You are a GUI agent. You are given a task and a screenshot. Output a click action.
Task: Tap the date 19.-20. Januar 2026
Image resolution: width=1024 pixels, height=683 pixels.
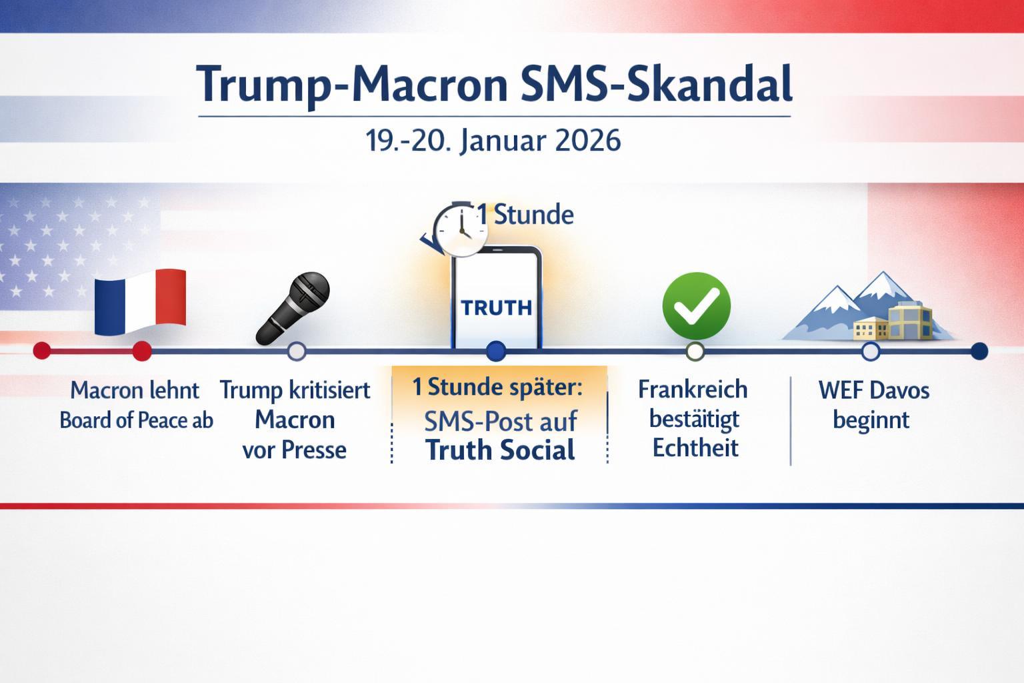pyautogui.click(x=493, y=141)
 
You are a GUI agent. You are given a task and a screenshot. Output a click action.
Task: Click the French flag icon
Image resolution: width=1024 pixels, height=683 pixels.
pyautogui.click(x=140, y=301)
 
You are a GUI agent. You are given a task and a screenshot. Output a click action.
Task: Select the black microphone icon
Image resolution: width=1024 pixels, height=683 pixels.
pyautogui.click(x=293, y=308)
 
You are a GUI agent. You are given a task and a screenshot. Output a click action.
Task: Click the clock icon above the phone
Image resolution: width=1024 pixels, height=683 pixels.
pyautogui.click(x=460, y=230)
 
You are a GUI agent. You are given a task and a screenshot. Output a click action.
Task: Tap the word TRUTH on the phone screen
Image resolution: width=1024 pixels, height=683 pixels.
pyautogui.click(x=497, y=307)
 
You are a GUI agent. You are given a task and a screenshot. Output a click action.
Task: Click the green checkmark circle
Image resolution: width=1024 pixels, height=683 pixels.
pyautogui.click(x=696, y=305)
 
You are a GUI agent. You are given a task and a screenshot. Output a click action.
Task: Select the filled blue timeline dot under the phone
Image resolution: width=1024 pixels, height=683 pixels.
pyautogui.click(x=496, y=351)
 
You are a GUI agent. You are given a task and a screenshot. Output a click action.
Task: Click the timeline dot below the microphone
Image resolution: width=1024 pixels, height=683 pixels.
pyautogui.click(x=296, y=351)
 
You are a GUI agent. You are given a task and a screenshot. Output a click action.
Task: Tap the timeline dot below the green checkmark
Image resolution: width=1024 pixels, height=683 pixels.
pyautogui.click(x=695, y=351)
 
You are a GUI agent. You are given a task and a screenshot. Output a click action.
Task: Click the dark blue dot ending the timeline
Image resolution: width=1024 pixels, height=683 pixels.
pyautogui.click(x=979, y=351)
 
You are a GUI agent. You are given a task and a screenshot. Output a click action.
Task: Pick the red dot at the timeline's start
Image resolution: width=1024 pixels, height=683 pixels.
pyautogui.click(x=42, y=350)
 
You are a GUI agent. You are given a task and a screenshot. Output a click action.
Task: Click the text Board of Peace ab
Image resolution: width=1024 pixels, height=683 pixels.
pyautogui.click(x=136, y=420)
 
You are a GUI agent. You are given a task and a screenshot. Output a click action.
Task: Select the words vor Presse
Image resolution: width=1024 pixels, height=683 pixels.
pyautogui.click(x=294, y=450)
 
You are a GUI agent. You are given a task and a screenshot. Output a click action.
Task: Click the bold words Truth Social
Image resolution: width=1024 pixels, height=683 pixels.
pyautogui.click(x=500, y=450)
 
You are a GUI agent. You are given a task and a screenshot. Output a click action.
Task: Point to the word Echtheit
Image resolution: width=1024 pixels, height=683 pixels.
pyautogui.click(x=695, y=448)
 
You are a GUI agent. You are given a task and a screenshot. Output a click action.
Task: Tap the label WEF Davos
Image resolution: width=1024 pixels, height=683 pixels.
pyautogui.click(x=873, y=390)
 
